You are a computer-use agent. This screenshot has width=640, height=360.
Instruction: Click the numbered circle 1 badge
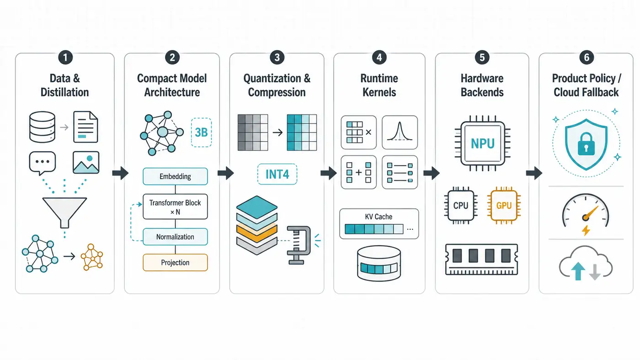[x=65, y=58]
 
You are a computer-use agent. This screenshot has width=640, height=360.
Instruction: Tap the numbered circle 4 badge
[x=379, y=58]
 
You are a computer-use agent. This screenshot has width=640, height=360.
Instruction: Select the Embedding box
[x=175, y=176]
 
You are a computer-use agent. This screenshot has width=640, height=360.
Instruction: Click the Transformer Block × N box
[x=175, y=206]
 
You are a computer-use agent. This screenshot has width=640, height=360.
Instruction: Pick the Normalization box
[x=175, y=237]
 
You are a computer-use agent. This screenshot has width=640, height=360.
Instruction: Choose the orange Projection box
[x=175, y=262]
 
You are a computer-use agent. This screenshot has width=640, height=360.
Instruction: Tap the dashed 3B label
[x=201, y=132]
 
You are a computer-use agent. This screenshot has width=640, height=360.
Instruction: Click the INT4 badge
[x=277, y=174]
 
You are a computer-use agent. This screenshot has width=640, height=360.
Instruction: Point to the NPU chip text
[x=483, y=143]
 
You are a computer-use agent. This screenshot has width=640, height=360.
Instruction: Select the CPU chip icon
[x=461, y=206]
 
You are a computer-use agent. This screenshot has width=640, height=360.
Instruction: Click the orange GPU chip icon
[x=504, y=206]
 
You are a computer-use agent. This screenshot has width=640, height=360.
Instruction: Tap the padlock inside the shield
[x=586, y=144]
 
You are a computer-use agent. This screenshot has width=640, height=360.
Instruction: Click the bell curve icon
[x=400, y=132]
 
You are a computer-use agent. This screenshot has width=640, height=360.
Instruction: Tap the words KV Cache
[x=379, y=217]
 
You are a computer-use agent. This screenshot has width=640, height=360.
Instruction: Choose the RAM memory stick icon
[x=482, y=259]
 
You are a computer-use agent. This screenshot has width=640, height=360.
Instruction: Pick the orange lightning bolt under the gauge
[x=586, y=230]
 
